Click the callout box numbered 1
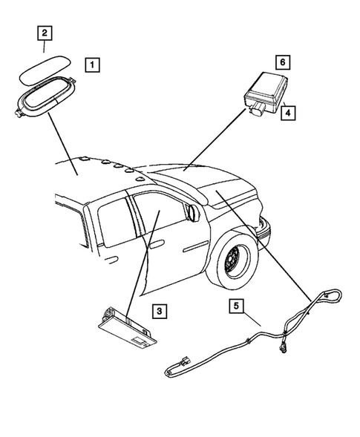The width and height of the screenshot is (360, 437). point(91,65)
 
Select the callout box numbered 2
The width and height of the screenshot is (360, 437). point(45,33)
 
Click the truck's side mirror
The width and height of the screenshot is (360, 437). point(193,214)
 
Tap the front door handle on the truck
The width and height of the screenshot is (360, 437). point(157,242)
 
